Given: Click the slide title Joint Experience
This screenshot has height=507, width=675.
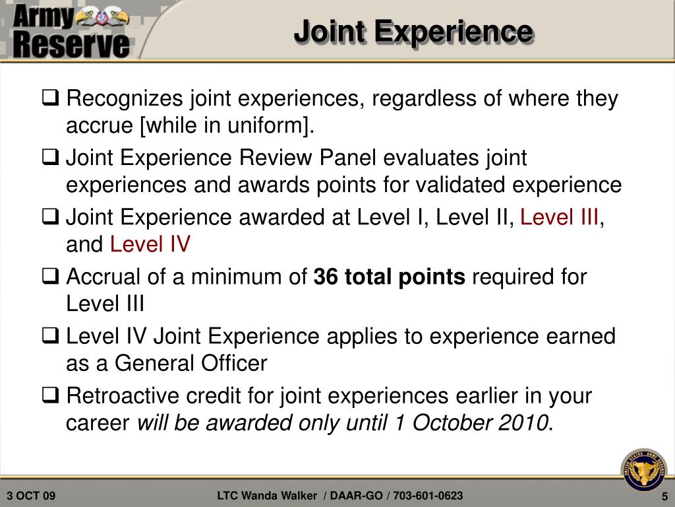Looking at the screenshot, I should [413, 32].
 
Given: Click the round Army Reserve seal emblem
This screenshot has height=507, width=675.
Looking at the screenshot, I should [643, 470].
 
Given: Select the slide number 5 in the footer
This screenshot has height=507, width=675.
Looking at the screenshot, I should [665, 496].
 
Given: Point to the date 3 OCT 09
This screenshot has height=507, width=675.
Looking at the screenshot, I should [32, 496].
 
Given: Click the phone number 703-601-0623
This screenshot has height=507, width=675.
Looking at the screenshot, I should [428, 496].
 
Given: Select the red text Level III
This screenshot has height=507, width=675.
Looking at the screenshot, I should [560, 217].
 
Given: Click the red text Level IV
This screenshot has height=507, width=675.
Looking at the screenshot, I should [150, 245].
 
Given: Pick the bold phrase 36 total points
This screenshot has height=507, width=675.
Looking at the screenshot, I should [390, 277].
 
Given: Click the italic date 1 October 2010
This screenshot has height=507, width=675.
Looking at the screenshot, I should [471, 423].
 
